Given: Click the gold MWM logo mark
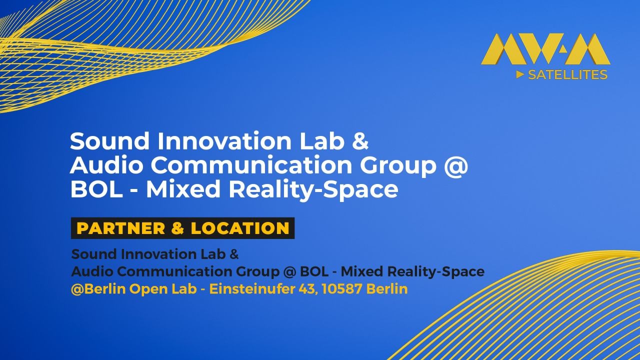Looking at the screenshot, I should (x=545, y=49).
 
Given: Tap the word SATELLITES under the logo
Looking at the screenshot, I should (x=567, y=75).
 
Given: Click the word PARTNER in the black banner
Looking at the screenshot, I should (x=120, y=228).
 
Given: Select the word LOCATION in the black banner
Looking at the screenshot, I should (x=240, y=228).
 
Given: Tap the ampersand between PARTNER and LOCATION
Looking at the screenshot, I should (x=177, y=228).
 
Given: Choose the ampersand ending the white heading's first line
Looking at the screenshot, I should (x=360, y=141).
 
